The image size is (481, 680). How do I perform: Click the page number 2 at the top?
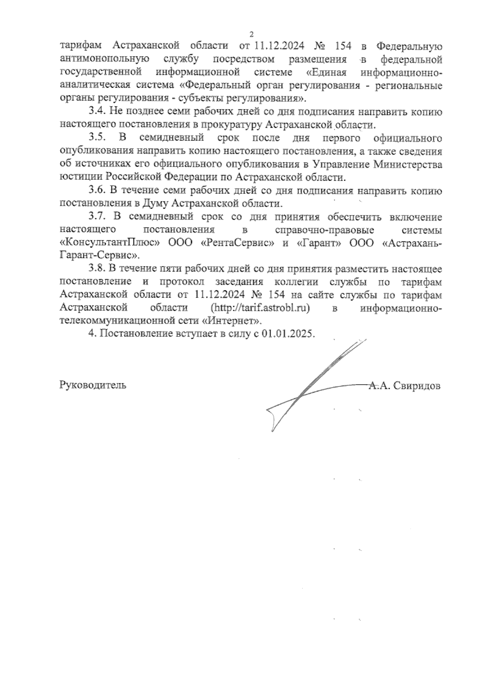pos(251,34)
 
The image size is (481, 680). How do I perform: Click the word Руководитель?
pos(93,385)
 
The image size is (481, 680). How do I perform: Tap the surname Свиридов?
pos(417,386)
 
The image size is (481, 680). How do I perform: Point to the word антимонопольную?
pos(105,60)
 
